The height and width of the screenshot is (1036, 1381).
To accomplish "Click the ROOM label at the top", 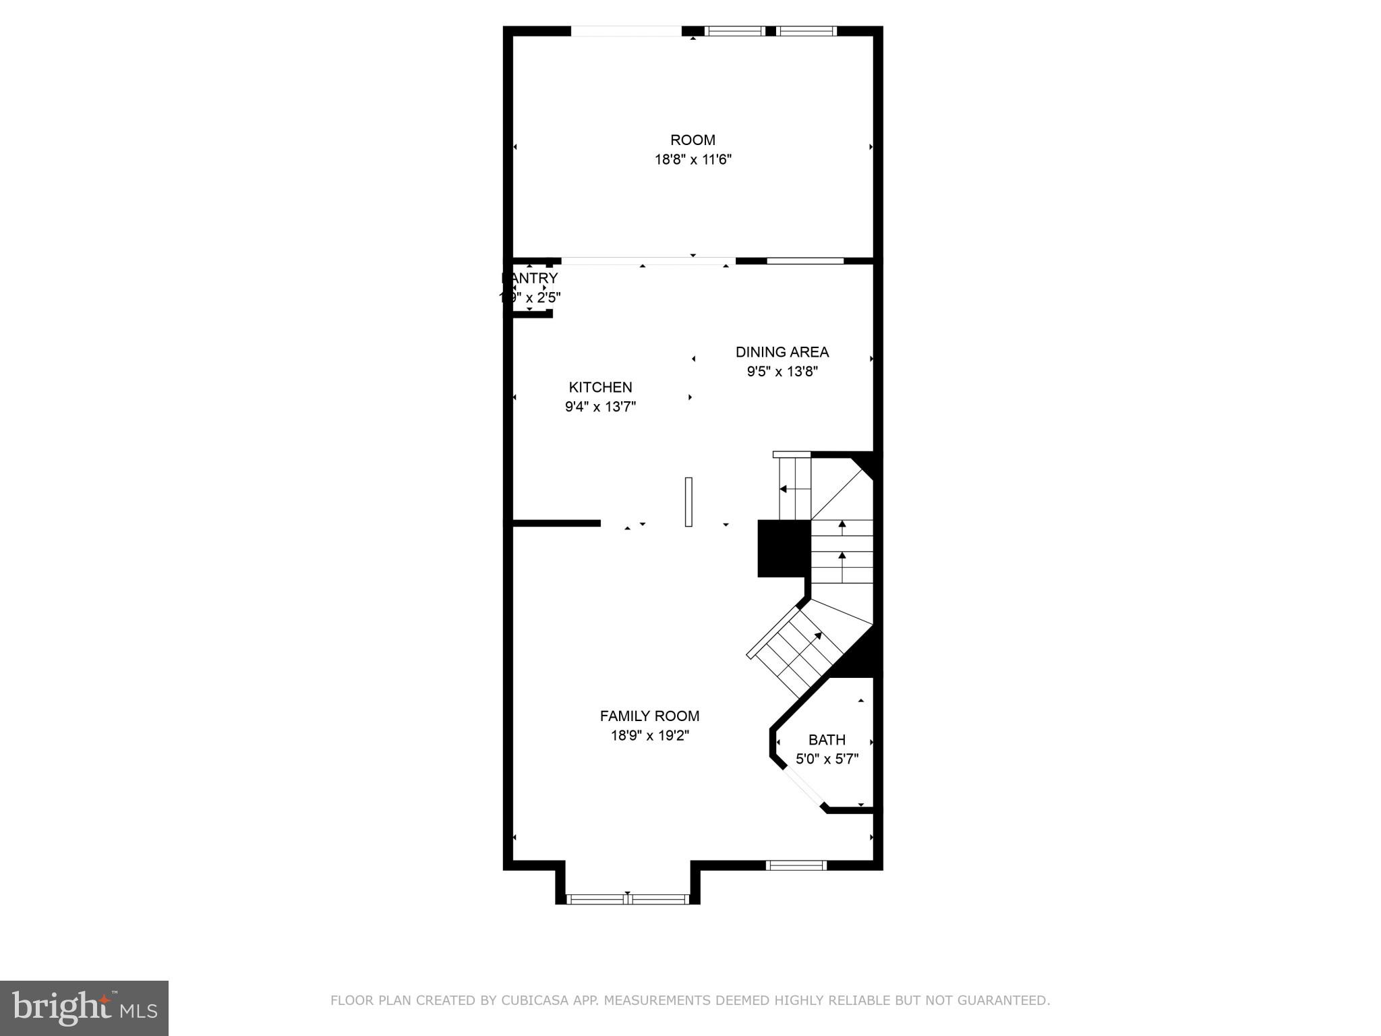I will point(693,140).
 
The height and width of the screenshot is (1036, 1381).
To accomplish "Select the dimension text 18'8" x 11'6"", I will point(693,160).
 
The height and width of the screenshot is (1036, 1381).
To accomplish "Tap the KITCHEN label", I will point(600,387).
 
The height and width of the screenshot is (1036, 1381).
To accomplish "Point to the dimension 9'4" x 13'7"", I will point(600,407).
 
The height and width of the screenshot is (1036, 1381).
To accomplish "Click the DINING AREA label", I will point(782,352).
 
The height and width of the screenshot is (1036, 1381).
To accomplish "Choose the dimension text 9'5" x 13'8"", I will point(782,372).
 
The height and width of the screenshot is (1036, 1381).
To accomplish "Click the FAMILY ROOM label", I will point(649,716).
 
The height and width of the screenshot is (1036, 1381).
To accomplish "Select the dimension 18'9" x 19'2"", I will point(649,735).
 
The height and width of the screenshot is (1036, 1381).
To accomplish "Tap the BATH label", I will point(827,739).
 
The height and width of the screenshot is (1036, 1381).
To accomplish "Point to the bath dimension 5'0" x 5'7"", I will point(827,759).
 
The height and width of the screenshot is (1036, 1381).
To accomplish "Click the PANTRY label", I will point(531,278).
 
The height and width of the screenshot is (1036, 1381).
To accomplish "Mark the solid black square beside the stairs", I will point(782,548).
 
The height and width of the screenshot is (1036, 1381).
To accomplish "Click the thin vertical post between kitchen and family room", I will point(688,502).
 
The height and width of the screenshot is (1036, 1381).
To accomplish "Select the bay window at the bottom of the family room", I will point(628,898).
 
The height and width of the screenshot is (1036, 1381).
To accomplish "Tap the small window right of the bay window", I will point(796,865).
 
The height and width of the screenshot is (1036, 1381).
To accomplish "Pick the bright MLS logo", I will point(84,1008).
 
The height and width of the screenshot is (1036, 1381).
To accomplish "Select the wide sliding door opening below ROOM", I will point(647,261).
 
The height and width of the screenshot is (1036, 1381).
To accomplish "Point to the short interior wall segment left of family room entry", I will point(556,523).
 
